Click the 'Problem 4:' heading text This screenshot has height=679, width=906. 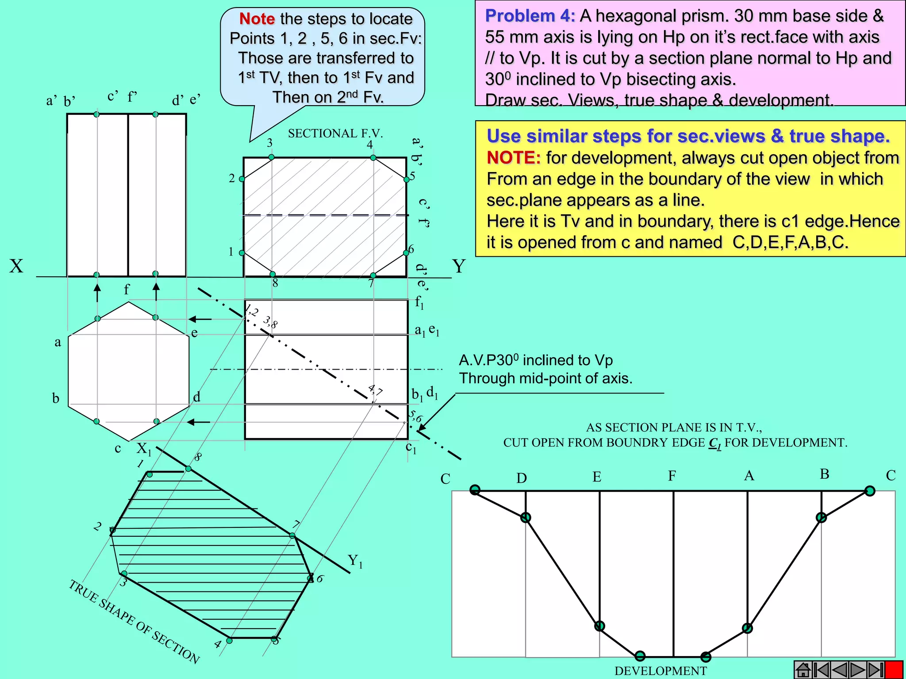(x=530, y=16)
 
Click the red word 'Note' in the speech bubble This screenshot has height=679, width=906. (x=257, y=19)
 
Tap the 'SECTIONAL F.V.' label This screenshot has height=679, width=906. (x=335, y=133)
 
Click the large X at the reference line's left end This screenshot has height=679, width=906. (x=16, y=266)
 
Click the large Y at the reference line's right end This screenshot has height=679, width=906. (x=459, y=266)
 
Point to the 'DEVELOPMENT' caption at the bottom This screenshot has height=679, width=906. (x=660, y=671)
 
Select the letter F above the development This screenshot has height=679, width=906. (x=672, y=476)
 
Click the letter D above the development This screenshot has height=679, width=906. (x=522, y=478)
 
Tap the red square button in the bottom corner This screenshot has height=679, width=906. (x=894, y=670)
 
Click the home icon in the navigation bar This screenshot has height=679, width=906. (x=803, y=670)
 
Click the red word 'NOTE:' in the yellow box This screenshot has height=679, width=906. (x=513, y=158)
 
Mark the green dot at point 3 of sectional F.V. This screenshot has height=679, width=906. (x=272, y=157)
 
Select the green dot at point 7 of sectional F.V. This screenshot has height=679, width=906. (x=373, y=275)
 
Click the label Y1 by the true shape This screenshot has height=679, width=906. (x=355, y=561)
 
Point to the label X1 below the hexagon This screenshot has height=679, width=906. (x=144, y=449)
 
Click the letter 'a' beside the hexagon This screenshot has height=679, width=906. (x=58, y=342)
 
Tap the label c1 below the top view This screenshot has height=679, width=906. (x=411, y=448)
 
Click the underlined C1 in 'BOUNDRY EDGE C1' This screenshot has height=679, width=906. (x=715, y=443)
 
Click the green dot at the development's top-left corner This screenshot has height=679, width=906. (x=475, y=489)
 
